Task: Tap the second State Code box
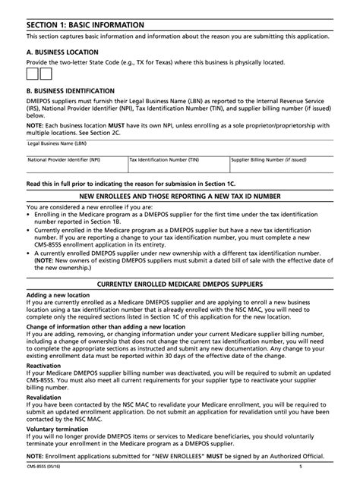click(x=46, y=74)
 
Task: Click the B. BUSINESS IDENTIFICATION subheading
click(x=71, y=90)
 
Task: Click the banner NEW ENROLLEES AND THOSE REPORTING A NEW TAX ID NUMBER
click(x=180, y=195)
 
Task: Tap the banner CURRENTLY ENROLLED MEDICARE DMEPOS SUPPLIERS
click(x=180, y=283)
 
